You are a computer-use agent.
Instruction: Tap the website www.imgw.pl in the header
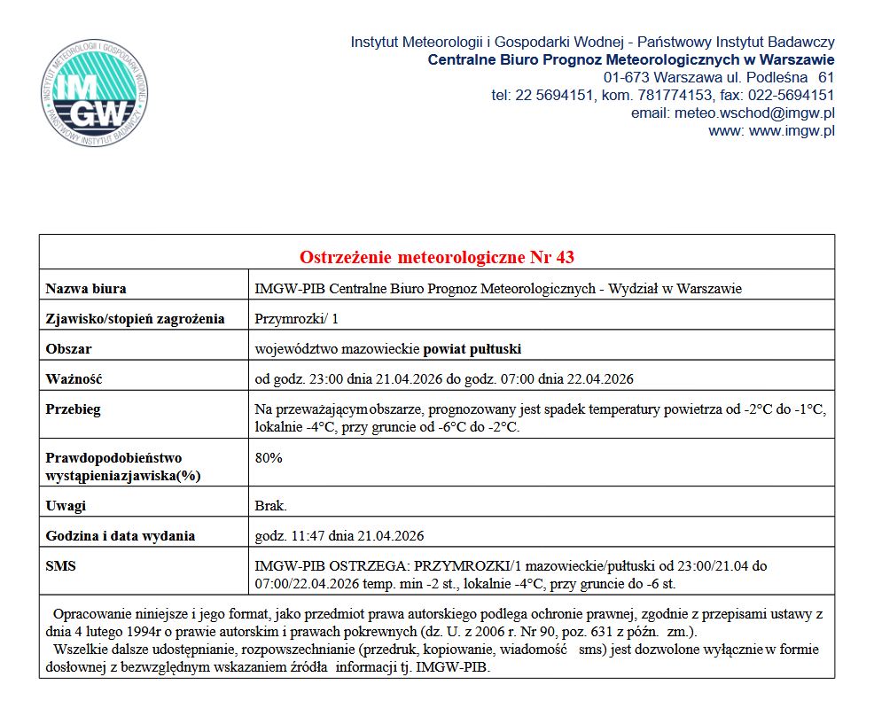(792, 131)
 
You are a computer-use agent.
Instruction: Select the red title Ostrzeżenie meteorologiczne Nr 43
(437, 258)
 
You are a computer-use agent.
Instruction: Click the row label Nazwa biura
(86, 288)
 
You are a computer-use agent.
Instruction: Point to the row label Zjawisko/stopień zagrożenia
(135, 318)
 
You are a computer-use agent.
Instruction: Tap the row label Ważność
(74, 378)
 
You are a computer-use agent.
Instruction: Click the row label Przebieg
(74, 409)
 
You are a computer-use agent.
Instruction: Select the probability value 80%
(269, 457)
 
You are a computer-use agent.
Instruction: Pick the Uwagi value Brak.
(270, 505)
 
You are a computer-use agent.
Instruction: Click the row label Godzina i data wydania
(121, 535)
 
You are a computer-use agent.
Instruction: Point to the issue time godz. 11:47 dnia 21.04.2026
(339, 535)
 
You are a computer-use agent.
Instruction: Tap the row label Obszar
(69, 348)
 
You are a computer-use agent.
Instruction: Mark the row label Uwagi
(66, 505)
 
